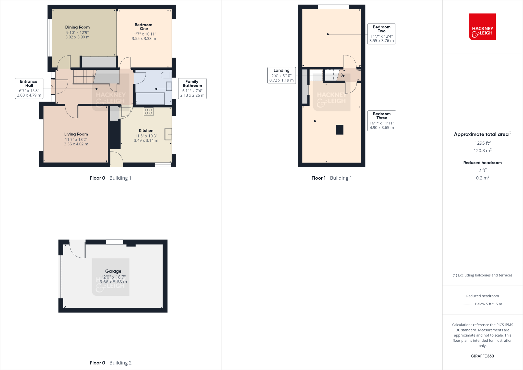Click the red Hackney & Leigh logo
click(482, 27)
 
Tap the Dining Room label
click(77, 27)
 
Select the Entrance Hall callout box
click(29, 88)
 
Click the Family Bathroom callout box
click(192, 88)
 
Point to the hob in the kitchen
click(149, 111)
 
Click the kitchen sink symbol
click(168, 134)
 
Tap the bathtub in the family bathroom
click(150, 99)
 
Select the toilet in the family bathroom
click(166, 75)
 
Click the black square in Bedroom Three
click(339, 130)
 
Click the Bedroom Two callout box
click(382, 34)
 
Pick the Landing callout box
click(281, 75)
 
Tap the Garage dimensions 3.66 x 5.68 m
click(113, 282)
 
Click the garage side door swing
click(78, 249)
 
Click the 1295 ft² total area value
click(482, 143)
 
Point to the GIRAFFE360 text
click(482, 356)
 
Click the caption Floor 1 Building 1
click(331, 178)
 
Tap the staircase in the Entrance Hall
click(83, 76)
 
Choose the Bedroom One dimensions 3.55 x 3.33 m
click(144, 39)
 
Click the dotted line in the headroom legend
click(467, 304)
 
